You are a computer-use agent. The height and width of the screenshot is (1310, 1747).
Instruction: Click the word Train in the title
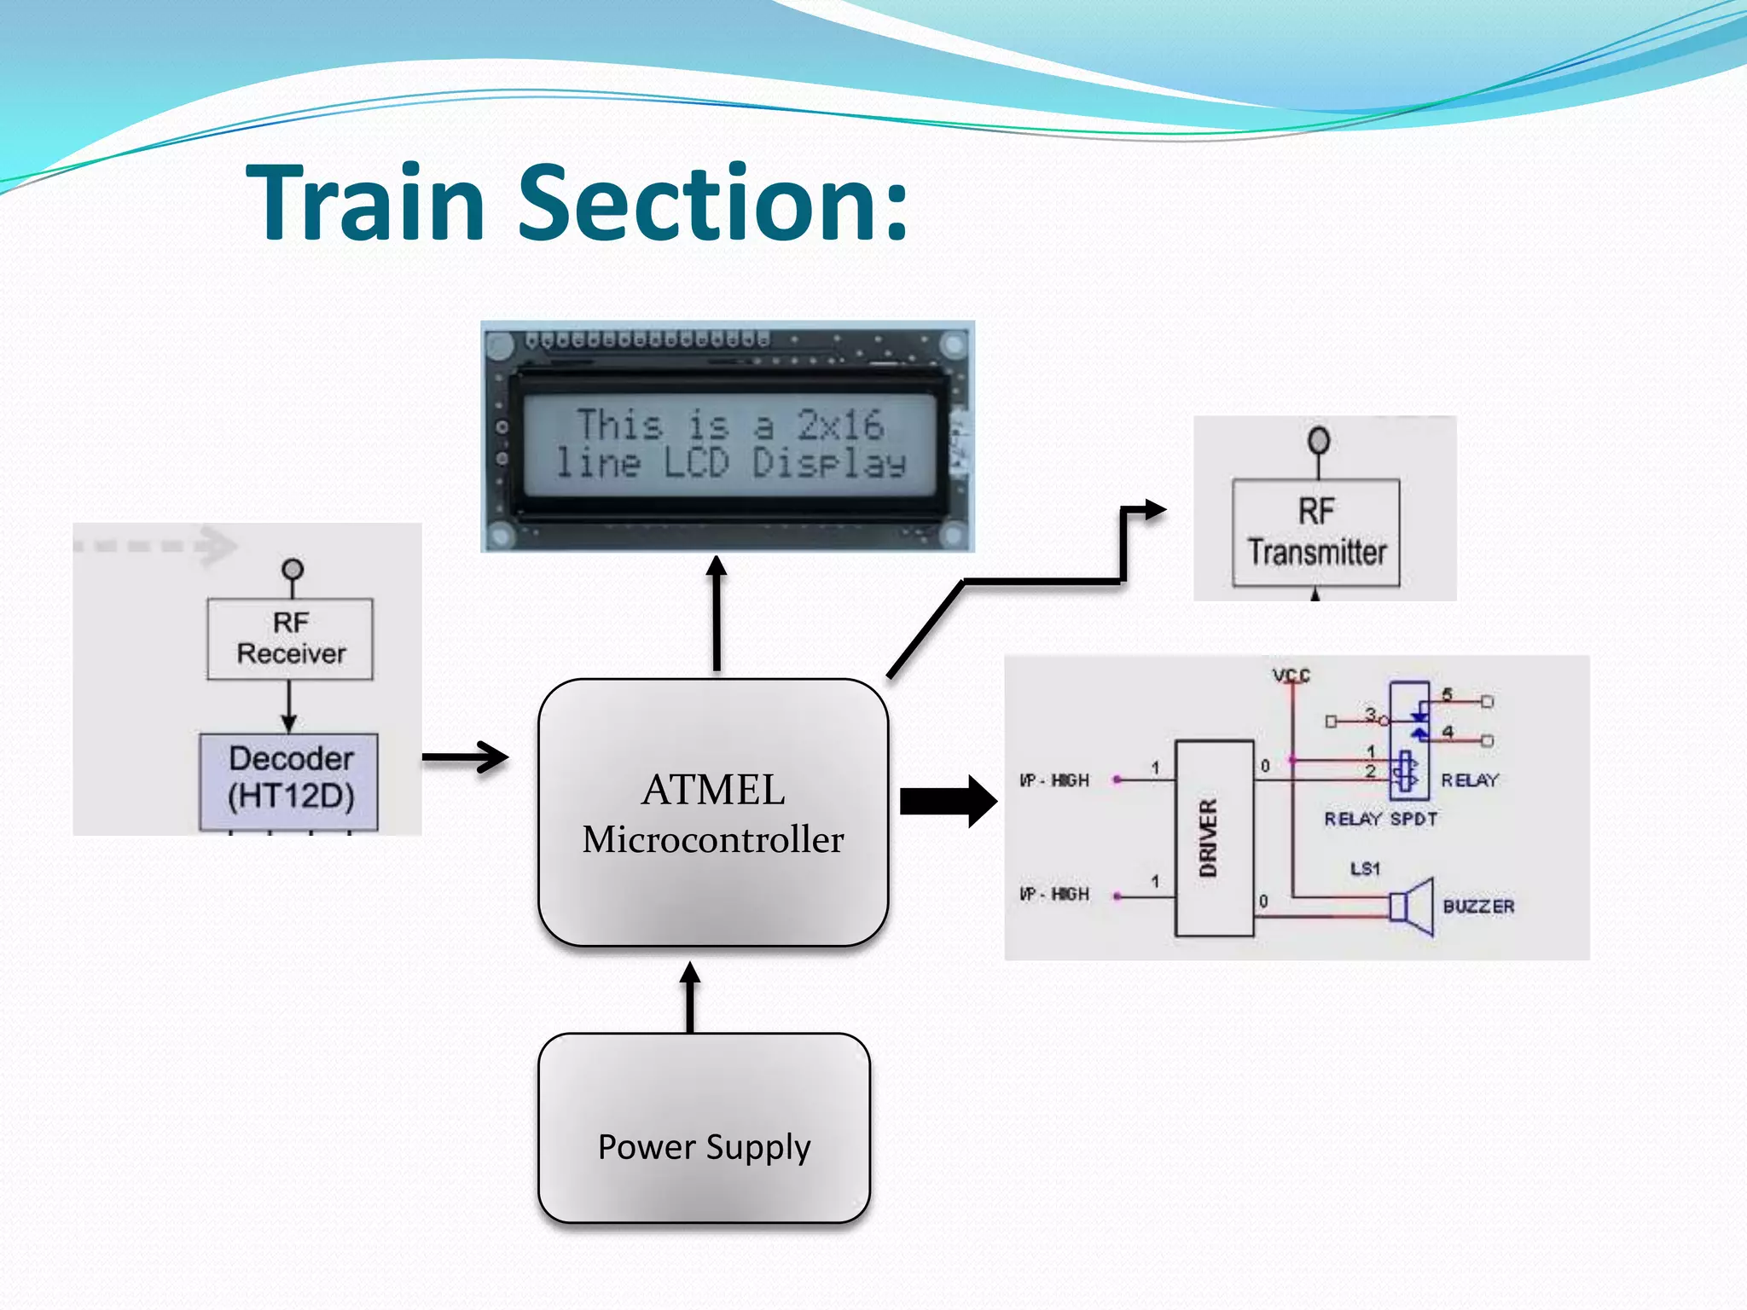[x=367, y=203]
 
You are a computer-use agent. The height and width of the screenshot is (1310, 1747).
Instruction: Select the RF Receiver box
[x=290, y=639]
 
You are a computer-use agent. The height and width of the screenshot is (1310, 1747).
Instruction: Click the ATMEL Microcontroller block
[x=713, y=812]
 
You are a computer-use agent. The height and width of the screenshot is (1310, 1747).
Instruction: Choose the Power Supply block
[x=704, y=1127]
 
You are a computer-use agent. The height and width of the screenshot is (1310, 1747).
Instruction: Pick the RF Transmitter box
[x=1315, y=532]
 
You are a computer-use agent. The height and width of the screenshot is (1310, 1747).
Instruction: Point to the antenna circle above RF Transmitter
[x=1319, y=441]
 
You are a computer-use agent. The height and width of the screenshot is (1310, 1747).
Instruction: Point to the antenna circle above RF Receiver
[x=293, y=568]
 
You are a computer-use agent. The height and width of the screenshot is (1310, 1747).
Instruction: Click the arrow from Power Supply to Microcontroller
[x=690, y=998]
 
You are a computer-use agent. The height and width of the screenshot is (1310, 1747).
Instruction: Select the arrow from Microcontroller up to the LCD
[x=717, y=614]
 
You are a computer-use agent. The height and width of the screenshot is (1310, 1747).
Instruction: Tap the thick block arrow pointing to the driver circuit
[x=947, y=801]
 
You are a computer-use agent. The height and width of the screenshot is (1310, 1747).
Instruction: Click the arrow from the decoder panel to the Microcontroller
[x=465, y=756]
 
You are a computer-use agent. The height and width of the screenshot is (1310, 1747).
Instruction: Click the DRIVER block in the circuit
[x=1213, y=838]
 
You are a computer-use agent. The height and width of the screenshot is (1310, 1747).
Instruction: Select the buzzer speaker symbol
[x=1412, y=906]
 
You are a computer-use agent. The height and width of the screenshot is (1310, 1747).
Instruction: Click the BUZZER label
[x=1478, y=906]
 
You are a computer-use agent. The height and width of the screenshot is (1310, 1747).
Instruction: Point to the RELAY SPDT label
[x=1380, y=819]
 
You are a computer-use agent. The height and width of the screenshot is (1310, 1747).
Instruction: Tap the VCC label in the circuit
[x=1291, y=675]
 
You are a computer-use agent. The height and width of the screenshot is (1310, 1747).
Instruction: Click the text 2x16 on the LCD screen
[x=839, y=425]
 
